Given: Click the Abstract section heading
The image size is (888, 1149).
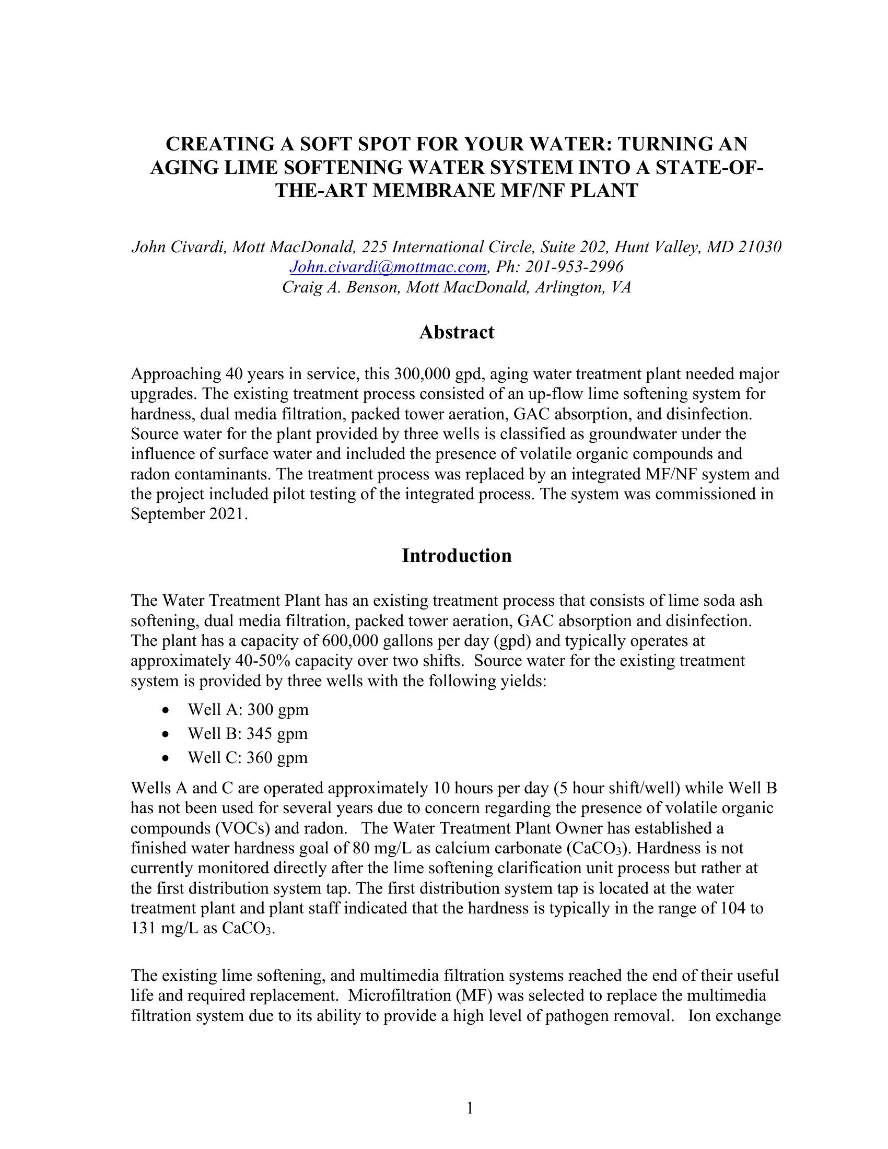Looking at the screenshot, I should (x=456, y=333).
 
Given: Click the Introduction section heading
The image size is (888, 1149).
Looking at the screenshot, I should (x=456, y=556).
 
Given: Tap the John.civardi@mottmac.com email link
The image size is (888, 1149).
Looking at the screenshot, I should (x=388, y=267).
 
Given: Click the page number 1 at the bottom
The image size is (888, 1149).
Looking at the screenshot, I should (x=470, y=1108).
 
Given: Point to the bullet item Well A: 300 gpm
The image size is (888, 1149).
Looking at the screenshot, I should (x=248, y=710).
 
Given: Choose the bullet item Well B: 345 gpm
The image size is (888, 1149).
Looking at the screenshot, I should (x=247, y=733).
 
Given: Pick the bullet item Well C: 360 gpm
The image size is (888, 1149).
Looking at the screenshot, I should (x=247, y=758).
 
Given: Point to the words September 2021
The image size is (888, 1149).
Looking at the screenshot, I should (x=188, y=514).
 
